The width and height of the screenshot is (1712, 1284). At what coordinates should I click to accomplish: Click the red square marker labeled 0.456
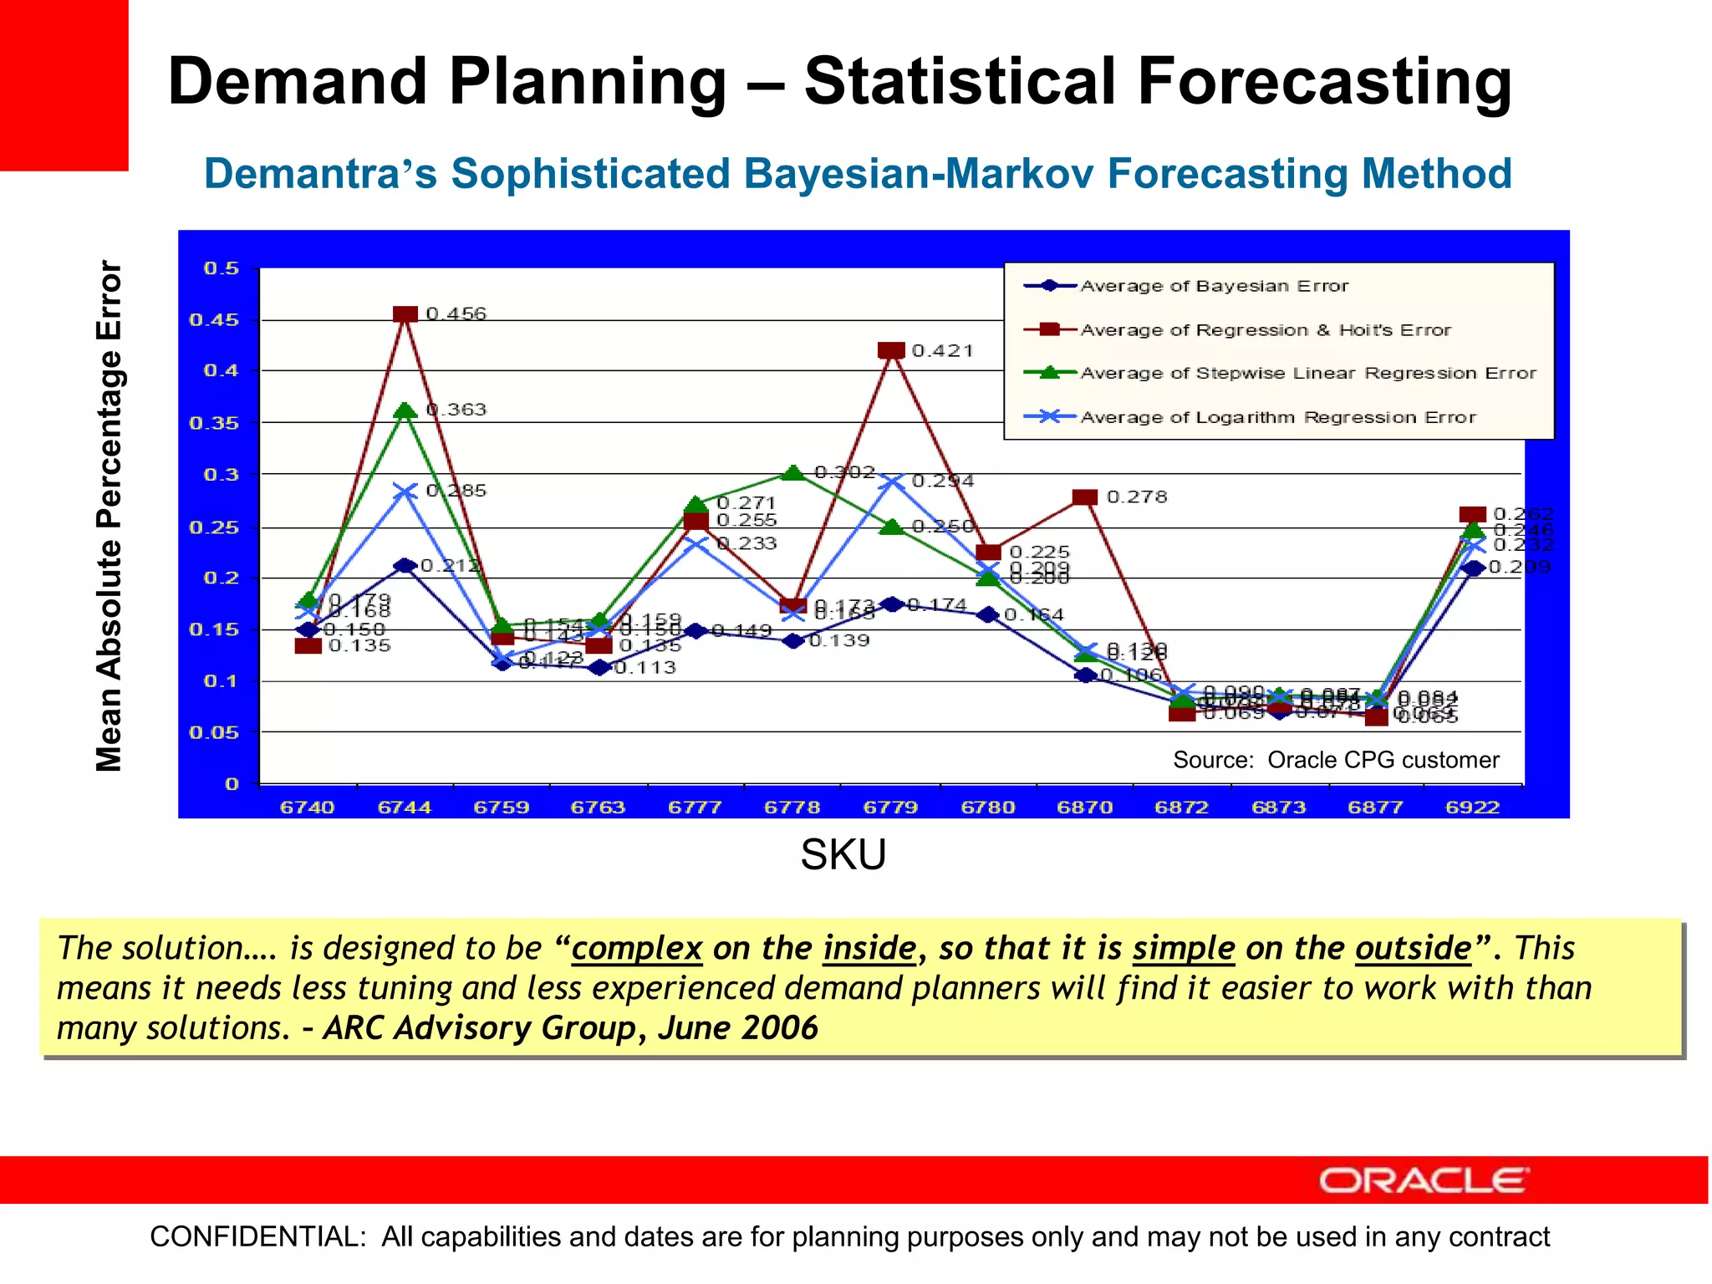(405, 315)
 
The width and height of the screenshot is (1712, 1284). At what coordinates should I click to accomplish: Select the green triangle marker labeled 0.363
(405, 410)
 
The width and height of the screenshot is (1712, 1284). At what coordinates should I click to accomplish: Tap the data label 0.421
(942, 351)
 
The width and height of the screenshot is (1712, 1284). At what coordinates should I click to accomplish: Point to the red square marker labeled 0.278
(1084, 497)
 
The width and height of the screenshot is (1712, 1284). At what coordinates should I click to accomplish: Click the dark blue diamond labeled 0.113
(599, 667)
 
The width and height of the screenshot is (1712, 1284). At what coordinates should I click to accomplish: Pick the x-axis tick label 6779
(890, 808)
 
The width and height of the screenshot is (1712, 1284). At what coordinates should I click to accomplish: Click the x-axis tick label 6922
(1472, 808)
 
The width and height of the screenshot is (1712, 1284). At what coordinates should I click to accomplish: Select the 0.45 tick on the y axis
(214, 320)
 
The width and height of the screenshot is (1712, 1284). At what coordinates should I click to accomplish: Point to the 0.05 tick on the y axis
(214, 733)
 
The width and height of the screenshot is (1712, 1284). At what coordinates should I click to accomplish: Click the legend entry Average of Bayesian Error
(1214, 286)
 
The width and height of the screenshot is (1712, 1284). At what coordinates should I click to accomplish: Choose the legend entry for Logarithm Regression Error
(1277, 417)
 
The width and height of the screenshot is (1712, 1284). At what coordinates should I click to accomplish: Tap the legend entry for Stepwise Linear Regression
(1307, 373)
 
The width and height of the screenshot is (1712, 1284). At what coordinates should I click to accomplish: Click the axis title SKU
(843, 854)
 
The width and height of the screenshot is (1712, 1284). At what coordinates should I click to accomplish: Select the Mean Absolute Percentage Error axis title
(110, 516)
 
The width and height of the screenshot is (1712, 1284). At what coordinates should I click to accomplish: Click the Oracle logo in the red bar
(1424, 1180)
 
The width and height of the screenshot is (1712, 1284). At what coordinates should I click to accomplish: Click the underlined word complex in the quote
(636, 949)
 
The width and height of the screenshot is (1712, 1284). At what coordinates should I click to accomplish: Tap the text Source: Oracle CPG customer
(1335, 760)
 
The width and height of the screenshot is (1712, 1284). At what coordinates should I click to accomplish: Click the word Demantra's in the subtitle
(320, 174)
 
